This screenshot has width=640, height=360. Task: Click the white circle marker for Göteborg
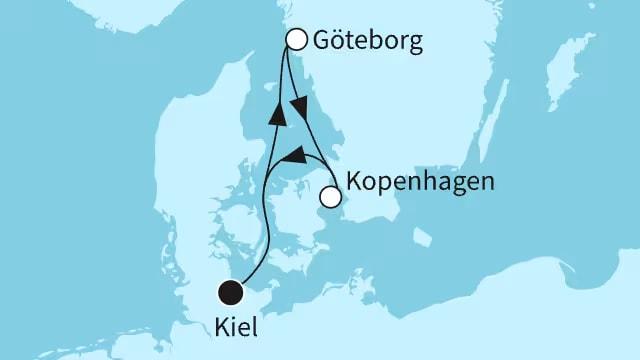point(296,39)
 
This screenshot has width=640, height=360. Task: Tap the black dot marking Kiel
point(231,293)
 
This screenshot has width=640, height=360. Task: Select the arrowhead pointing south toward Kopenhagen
point(297,105)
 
